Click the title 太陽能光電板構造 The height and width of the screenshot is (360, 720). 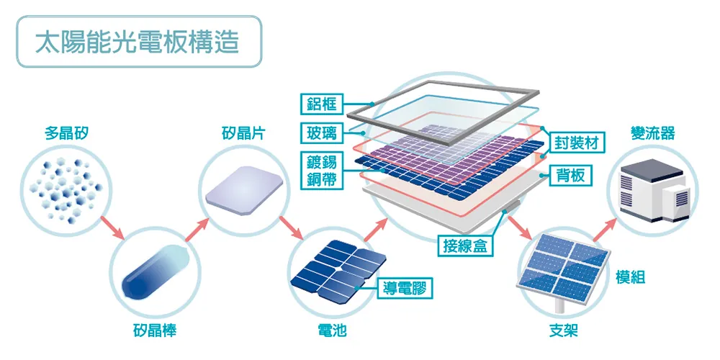pyautogui.click(x=138, y=42)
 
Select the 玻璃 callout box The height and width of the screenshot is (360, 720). pyautogui.click(x=321, y=132)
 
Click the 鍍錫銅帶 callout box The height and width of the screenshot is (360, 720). pyautogui.click(x=321, y=171)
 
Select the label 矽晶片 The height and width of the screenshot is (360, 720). pyautogui.click(x=243, y=133)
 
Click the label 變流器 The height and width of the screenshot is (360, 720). pyautogui.click(x=652, y=133)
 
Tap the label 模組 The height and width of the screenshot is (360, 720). pyautogui.click(x=631, y=277)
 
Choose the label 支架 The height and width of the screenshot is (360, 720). pyautogui.click(x=563, y=332)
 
